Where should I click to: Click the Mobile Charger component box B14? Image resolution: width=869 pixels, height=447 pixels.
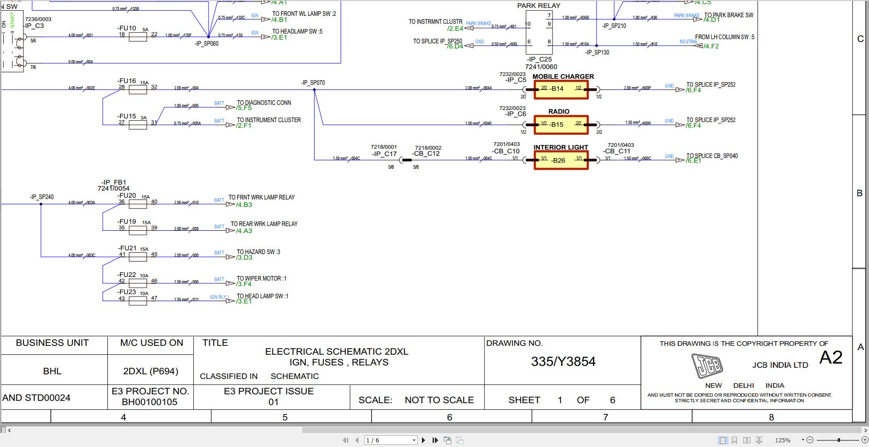point(561,89)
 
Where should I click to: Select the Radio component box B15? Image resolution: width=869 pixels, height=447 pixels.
point(561,124)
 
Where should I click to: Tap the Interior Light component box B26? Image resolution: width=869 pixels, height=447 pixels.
point(561,160)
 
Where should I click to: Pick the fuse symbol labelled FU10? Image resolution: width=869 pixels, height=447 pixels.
point(138,37)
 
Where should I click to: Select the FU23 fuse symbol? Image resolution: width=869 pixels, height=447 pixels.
point(138,301)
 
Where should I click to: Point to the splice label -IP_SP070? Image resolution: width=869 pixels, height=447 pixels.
point(313,83)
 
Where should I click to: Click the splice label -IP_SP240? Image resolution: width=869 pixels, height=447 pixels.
point(42,197)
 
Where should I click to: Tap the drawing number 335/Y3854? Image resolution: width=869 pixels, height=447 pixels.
point(563,362)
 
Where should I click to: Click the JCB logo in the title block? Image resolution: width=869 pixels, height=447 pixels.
point(707,366)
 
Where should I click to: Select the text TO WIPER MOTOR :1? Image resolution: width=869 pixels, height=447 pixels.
point(261,278)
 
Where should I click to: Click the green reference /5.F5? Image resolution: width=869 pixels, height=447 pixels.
point(244,108)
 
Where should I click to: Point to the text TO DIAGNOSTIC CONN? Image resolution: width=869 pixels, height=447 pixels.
point(264,103)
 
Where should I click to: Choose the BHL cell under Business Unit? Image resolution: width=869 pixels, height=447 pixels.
point(52,371)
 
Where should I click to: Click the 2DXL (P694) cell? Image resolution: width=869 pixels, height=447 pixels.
point(150,371)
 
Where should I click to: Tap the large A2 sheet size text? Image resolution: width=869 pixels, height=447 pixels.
point(831,358)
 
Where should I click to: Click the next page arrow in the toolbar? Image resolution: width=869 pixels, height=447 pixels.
point(423,440)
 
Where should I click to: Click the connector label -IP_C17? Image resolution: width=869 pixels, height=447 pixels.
point(384,154)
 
